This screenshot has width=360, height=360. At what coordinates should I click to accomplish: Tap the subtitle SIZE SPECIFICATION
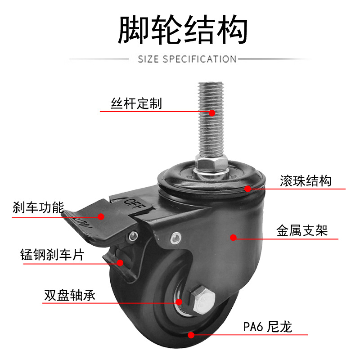187,59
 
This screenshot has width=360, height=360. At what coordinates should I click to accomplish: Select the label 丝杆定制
136,104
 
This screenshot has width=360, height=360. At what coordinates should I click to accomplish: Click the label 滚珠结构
306,181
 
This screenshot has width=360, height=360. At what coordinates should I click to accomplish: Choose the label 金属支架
301,231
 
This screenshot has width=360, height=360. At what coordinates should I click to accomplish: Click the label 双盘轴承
70,296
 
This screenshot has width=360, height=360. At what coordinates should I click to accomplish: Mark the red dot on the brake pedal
101,216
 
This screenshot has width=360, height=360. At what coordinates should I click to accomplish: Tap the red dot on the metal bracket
233,237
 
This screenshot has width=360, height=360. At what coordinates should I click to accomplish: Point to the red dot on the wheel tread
191,334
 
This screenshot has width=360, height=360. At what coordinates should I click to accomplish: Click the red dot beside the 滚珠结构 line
248,189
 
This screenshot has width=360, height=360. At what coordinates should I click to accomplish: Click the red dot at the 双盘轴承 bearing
179,302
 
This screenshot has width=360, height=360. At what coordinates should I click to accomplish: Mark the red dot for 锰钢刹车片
120,263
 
